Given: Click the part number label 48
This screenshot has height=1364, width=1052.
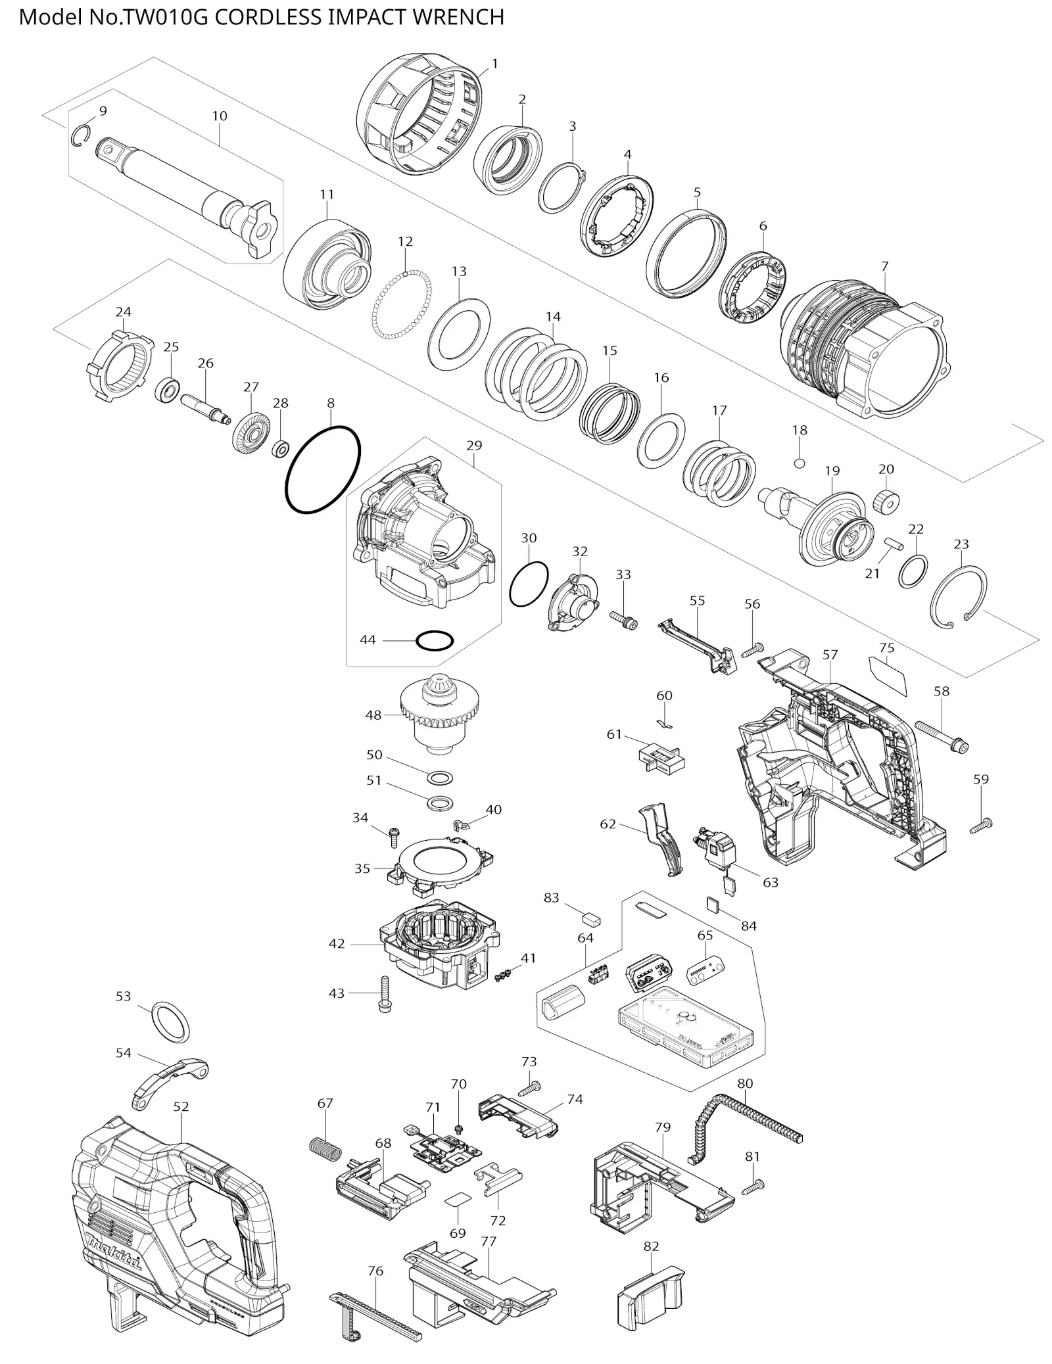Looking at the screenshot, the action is [373, 715].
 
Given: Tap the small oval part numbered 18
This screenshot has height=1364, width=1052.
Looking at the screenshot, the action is [799, 462].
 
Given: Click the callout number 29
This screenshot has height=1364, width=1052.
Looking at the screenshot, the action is [474, 445].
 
